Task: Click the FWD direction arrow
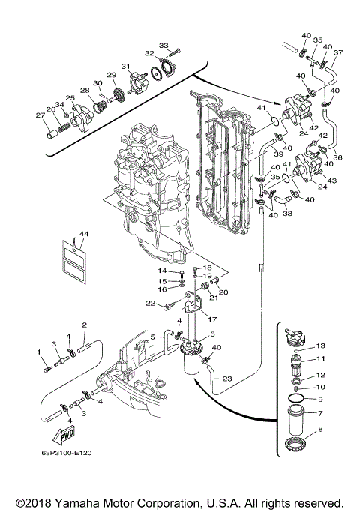click(64, 436)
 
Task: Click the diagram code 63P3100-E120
click(67, 453)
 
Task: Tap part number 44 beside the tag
click(84, 234)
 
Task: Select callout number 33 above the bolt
click(164, 45)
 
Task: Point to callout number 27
click(40, 115)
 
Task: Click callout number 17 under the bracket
click(212, 319)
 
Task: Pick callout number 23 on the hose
click(227, 379)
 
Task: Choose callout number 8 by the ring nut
click(320, 429)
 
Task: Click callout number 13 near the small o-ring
click(321, 346)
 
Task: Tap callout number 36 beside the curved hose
click(337, 157)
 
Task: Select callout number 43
click(332, 180)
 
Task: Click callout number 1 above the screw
click(39, 352)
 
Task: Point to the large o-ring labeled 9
click(296, 399)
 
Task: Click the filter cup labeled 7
click(296, 418)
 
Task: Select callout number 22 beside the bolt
click(151, 304)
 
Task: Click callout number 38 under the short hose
click(288, 214)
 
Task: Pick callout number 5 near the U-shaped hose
click(152, 337)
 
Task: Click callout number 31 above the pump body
click(126, 66)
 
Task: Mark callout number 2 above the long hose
click(85, 325)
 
